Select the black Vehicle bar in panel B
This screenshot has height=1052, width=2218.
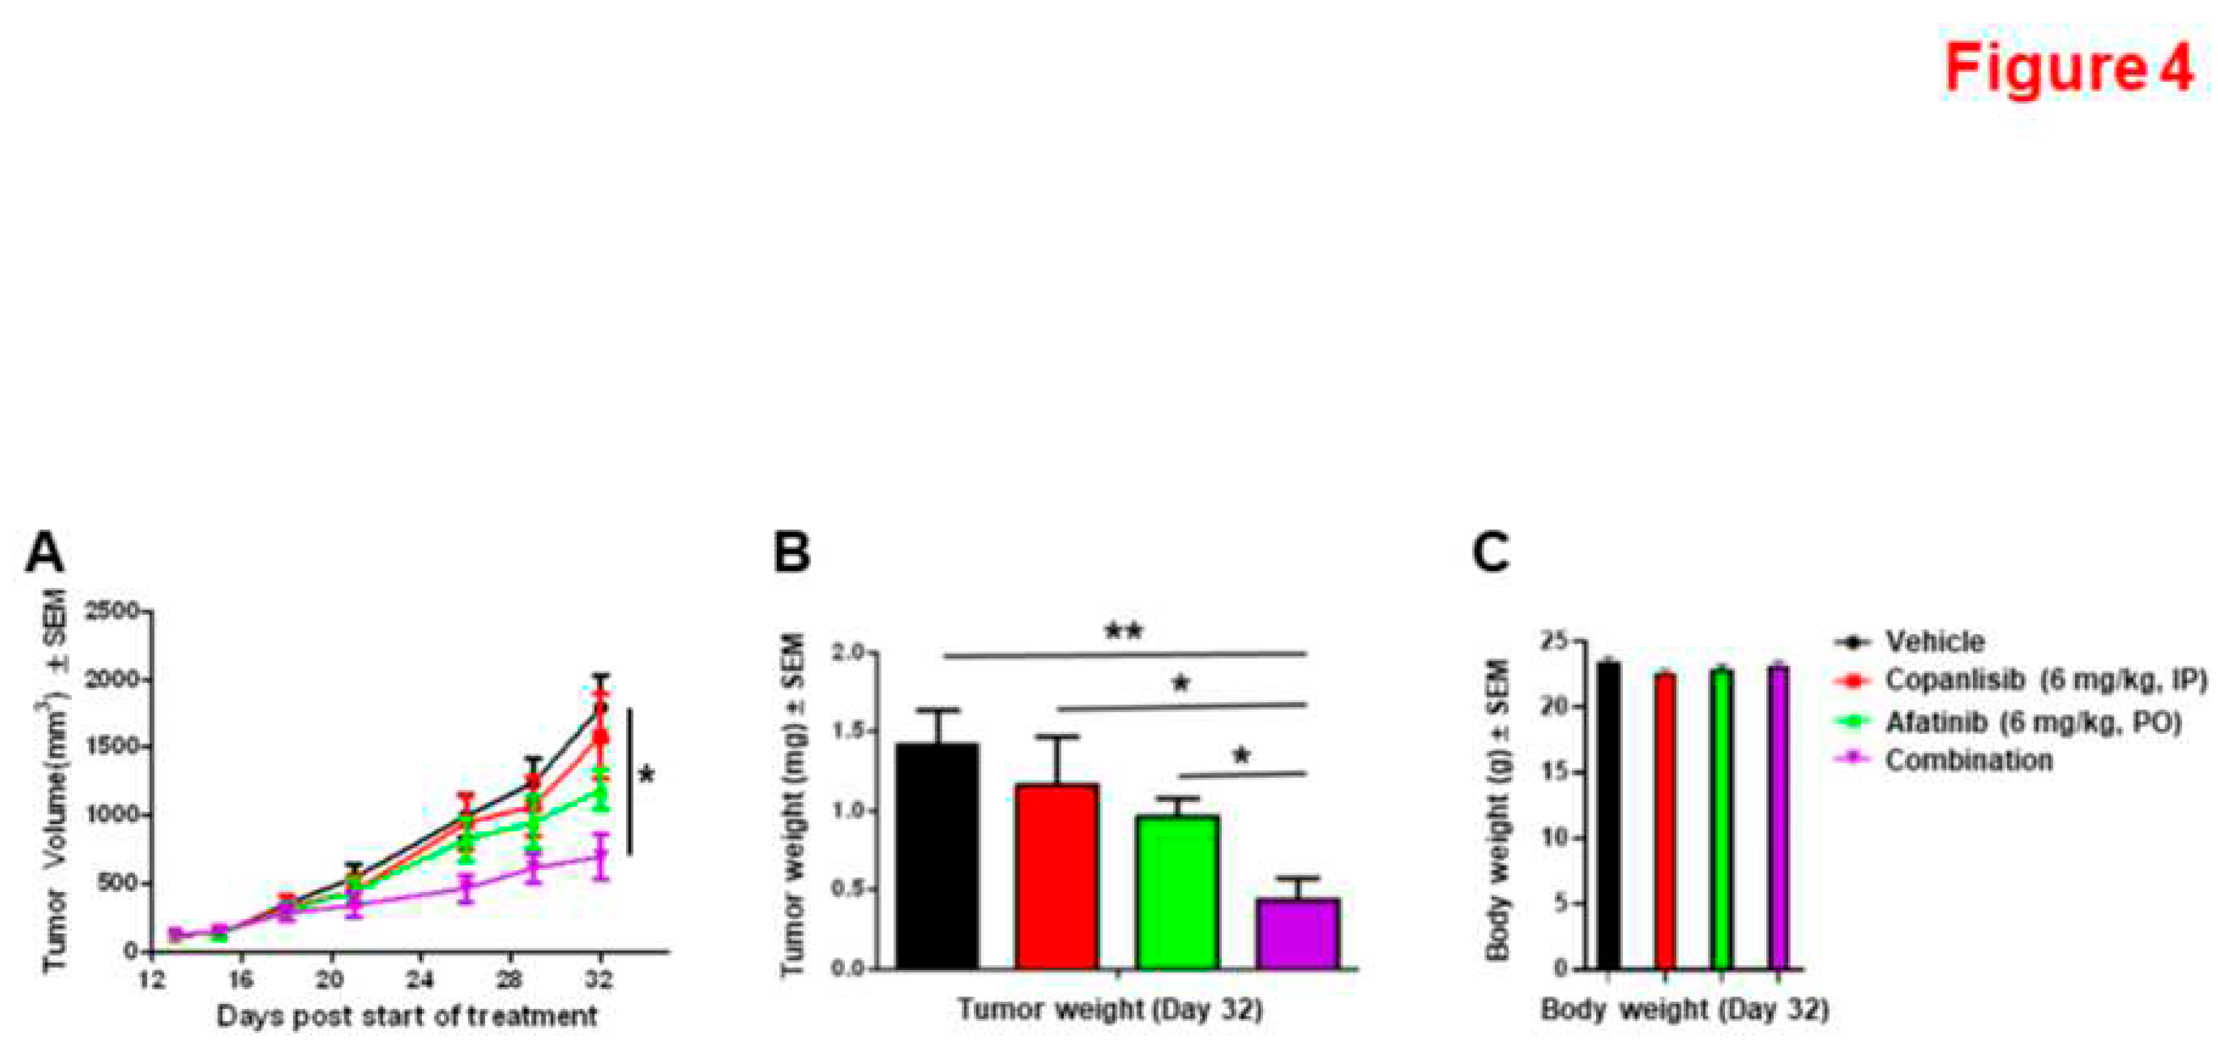tap(937, 861)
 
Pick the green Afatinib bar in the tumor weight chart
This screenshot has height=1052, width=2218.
tap(1177, 895)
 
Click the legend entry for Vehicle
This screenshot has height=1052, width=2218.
tap(1933, 642)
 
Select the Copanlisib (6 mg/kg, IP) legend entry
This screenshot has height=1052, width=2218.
tap(2045, 681)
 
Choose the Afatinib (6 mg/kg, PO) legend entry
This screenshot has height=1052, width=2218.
tap(2032, 722)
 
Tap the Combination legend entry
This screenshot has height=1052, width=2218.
tap(1967, 761)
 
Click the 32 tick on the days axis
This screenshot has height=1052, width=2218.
tap(600, 979)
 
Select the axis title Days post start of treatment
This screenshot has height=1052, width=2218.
tap(406, 1016)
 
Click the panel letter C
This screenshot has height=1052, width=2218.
tap(1491, 553)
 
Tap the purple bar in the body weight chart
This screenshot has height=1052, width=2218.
tap(1778, 818)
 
